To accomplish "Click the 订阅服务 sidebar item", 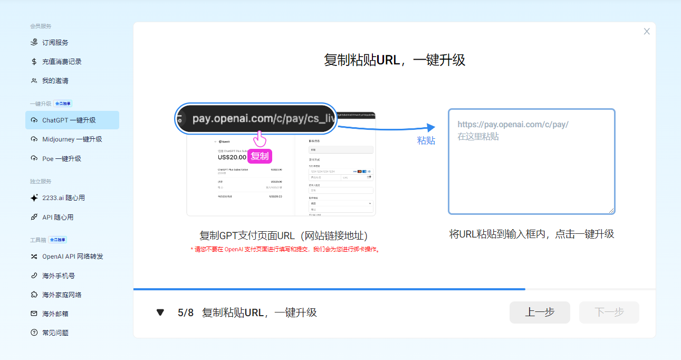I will click(55, 42).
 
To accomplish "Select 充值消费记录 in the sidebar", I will click(62, 62).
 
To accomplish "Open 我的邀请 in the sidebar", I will click(55, 81).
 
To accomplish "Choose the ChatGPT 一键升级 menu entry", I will click(69, 120).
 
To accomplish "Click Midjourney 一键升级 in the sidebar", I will click(72, 139).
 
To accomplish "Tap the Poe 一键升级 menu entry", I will click(61, 158).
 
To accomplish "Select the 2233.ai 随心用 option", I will click(63, 198).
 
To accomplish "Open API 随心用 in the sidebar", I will click(57, 217).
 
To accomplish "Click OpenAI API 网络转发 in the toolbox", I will click(72, 257).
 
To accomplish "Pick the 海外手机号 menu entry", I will click(58, 276).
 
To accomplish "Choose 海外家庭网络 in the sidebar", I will click(62, 295).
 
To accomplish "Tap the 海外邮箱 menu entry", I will click(55, 314).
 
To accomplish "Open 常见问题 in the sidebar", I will click(55, 333).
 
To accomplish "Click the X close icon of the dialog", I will click(647, 32).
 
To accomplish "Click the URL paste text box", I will click(532, 162).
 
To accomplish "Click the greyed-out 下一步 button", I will click(609, 312).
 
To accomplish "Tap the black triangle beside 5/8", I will click(160, 312).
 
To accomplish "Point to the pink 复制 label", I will click(260, 156).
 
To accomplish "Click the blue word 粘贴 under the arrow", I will click(426, 141).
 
